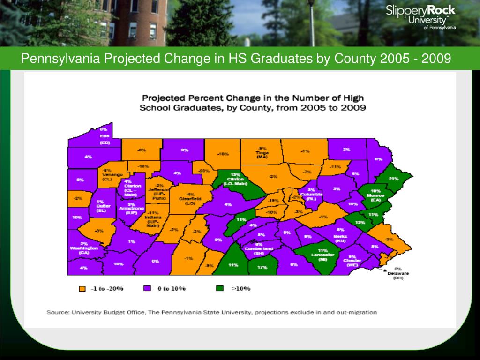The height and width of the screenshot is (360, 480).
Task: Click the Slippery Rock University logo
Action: (420, 17)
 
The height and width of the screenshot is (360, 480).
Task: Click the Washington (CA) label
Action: (84, 248)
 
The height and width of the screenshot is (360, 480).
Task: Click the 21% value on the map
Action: (394, 179)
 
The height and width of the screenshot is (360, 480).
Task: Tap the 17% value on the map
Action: (262, 267)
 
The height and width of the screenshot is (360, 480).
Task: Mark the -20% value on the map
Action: (204, 171)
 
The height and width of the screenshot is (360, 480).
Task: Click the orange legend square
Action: (82, 289)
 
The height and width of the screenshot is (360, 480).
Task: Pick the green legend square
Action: (221, 289)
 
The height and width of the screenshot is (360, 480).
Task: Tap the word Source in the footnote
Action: (57, 312)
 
